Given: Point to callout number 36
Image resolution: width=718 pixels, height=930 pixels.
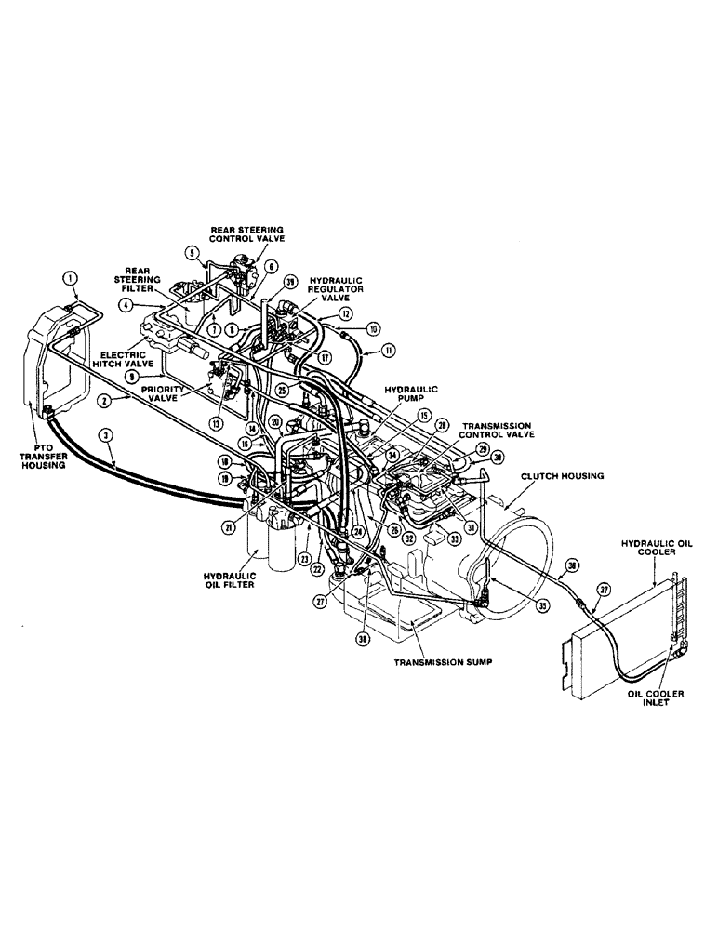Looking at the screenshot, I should point(572,565).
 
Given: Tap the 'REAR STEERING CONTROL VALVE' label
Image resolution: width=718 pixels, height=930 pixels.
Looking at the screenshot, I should point(247,234).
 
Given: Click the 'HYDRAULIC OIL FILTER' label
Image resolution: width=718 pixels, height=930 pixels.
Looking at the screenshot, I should point(226,578).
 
